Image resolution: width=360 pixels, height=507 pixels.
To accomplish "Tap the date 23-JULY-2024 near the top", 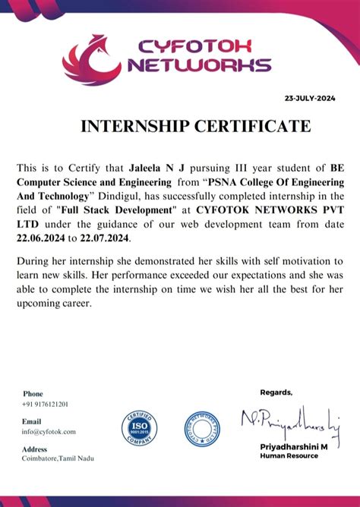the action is tap(309, 99).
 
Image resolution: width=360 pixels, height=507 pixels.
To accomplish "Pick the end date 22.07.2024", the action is tap(106, 238).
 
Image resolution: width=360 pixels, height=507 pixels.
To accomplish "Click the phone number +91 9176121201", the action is tap(45, 404).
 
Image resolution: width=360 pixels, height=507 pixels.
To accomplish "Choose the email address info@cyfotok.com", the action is tap(49, 431).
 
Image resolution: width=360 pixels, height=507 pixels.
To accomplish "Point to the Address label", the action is tap(35, 449).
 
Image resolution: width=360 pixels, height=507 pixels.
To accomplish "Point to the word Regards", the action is tap(276, 392).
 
